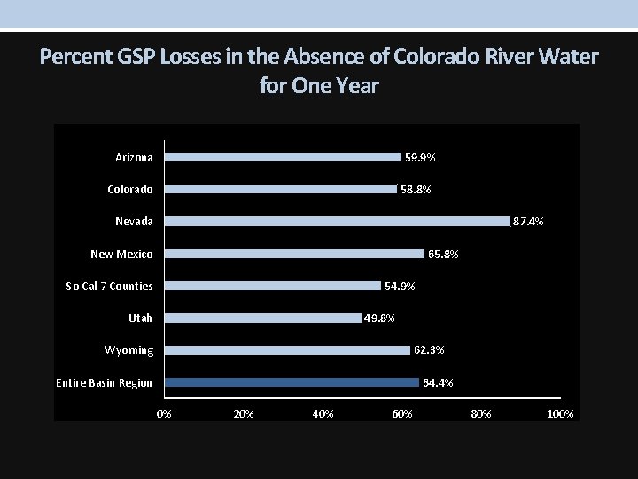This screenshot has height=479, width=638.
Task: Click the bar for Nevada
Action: pos(338,221)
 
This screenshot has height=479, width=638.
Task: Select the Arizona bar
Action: pos(284,157)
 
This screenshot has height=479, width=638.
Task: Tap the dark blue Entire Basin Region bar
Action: pos(292,382)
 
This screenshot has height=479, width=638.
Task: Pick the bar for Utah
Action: pos(263,318)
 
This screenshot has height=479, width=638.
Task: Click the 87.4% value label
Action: pos(529,222)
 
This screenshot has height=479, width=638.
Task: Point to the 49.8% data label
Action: pos(379,318)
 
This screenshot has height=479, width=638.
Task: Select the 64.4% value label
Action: pos(438,383)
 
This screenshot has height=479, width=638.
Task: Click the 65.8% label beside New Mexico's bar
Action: pos(443,255)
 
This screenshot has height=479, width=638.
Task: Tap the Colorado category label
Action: pos(129,190)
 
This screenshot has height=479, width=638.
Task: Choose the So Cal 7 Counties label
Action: pos(109,287)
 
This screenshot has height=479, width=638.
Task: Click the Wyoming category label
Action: pos(128,350)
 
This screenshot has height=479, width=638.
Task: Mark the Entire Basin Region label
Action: pos(104,383)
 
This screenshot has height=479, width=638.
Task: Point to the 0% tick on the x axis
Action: pos(164,414)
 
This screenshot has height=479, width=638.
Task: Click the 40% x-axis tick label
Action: pos(323,414)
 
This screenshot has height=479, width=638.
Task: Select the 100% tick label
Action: pos(560,414)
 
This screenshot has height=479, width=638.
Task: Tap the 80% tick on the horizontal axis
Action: pos(480,414)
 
